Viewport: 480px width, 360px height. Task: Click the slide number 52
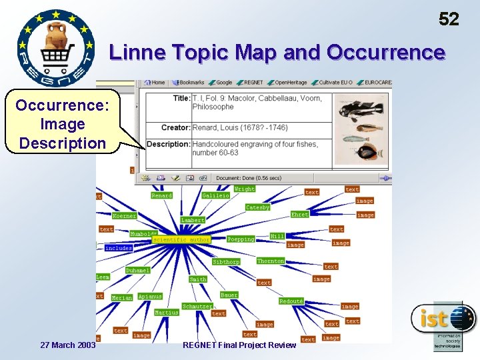[x=449, y=19]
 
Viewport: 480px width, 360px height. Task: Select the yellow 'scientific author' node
[x=181, y=239]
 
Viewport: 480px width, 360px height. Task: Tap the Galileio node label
[x=216, y=195]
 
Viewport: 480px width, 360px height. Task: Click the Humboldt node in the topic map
[x=143, y=234]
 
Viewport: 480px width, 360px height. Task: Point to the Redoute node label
[x=291, y=301]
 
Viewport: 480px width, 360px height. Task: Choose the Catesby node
[x=257, y=207]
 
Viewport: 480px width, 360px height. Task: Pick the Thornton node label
[x=271, y=261]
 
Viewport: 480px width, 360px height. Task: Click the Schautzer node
[x=197, y=306]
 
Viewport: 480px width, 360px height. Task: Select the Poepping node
[x=241, y=239]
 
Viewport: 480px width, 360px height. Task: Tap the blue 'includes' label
[x=119, y=248]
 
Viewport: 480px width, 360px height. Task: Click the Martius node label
[x=167, y=312]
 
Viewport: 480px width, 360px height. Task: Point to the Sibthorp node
[x=226, y=262]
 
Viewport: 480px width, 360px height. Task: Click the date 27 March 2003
[x=68, y=345]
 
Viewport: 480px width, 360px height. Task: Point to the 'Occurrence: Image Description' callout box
[x=61, y=124]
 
